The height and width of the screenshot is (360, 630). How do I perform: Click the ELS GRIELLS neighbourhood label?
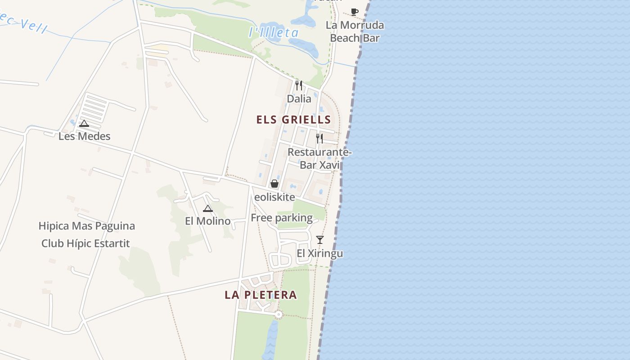293,120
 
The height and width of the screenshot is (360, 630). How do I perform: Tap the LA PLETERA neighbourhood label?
261,295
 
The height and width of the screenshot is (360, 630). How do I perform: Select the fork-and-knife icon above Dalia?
299,85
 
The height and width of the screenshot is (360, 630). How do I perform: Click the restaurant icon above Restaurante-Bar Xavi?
319,138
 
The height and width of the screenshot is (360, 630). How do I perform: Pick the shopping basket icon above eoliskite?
274,184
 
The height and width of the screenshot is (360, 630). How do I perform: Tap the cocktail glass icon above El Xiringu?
319,240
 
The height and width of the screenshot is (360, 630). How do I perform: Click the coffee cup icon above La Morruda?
355,12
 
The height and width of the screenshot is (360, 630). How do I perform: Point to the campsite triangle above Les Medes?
84,123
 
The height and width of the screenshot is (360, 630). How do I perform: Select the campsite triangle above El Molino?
207,208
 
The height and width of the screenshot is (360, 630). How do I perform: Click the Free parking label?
282,218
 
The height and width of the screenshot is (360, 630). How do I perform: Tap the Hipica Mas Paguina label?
86,226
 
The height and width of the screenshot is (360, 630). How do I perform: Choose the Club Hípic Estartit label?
85,244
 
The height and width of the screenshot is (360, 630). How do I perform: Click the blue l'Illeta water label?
274,32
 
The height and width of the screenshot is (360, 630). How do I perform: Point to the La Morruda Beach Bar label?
355,31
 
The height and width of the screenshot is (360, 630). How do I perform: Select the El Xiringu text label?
319,254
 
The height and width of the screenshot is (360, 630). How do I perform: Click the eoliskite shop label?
274,197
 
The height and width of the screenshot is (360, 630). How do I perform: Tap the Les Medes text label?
84,136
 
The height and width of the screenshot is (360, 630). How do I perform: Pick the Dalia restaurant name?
299,99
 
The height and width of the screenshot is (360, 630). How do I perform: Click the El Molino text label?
207,221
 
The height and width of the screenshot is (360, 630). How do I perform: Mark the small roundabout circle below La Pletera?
279,314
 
